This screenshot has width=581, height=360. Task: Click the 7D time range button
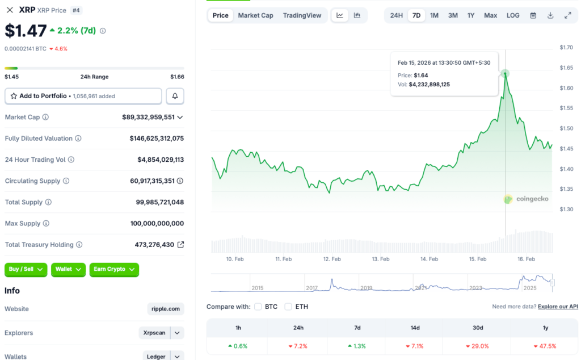point(416,15)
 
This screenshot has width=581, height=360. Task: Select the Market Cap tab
point(255,15)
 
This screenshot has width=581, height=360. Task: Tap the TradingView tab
point(302,15)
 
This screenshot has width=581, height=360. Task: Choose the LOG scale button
point(513,15)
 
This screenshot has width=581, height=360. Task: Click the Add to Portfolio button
point(83,96)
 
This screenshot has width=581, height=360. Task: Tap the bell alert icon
point(175,96)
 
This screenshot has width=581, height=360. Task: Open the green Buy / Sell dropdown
point(26,269)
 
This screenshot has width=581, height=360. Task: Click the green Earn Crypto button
point(114,269)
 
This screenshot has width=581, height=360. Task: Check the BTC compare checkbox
point(258,307)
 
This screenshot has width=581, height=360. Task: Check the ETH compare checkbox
point(288,307)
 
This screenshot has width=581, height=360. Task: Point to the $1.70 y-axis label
point(566,47)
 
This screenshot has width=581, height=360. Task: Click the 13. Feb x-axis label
point(381,259)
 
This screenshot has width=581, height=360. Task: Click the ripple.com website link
point(166,309)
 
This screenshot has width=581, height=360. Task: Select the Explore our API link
point(558,307)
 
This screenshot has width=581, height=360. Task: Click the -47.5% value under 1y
point(545,346)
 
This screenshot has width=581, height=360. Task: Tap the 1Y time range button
point(471,15)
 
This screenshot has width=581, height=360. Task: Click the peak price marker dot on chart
point(505,73)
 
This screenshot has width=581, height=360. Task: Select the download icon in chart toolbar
point(550,15)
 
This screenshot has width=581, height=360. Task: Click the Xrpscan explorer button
point(155,333)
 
